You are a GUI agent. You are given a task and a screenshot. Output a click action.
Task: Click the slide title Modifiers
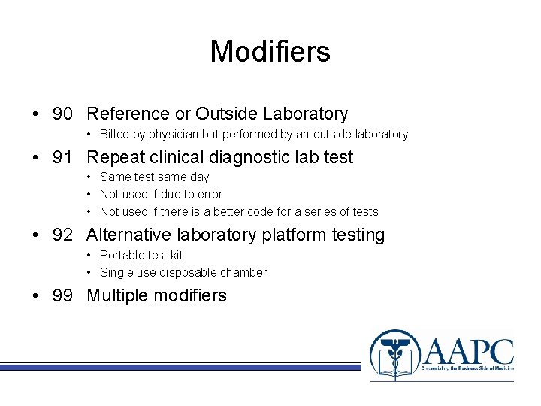pos(270,52)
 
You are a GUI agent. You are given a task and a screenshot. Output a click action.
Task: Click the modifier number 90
pos(62,114)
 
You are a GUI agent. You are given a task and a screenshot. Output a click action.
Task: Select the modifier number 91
pos(62,158)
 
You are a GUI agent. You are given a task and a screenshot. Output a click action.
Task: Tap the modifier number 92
pos(62,236)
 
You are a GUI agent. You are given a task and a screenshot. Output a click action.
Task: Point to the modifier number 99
pos(62,296)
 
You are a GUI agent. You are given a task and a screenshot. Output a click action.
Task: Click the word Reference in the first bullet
pos(128,114)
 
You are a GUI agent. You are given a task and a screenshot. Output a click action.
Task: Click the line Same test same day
pos(154,177)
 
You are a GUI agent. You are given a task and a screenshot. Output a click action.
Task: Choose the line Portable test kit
pos(141,256)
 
